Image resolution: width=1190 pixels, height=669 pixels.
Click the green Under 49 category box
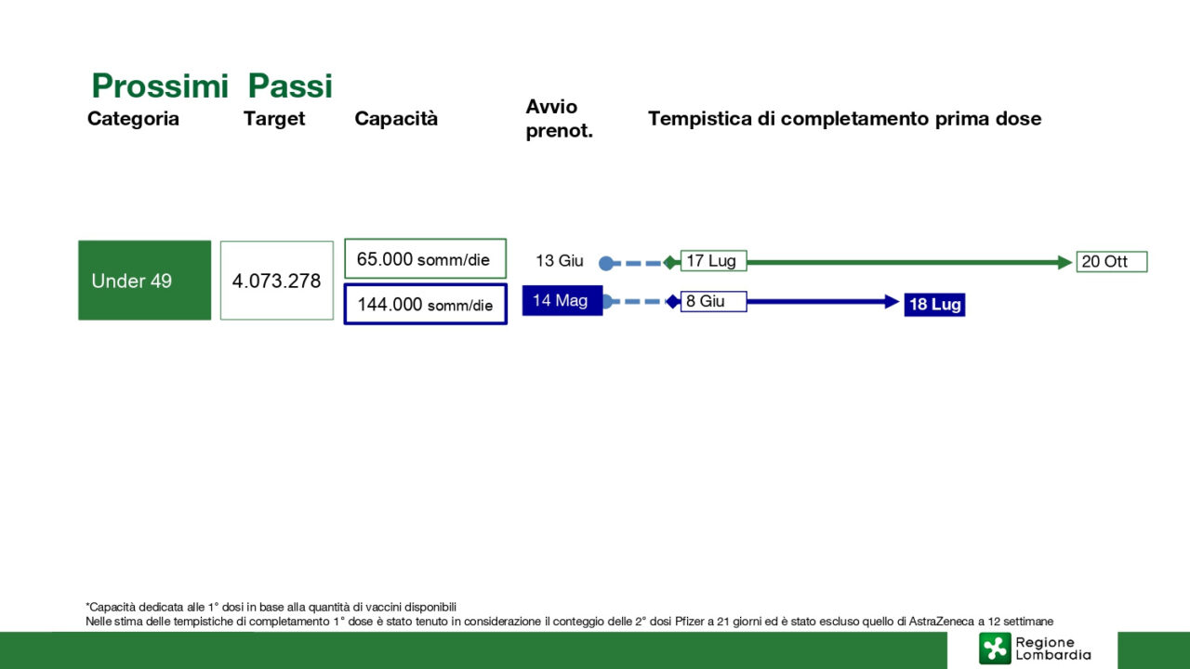coord(144,281)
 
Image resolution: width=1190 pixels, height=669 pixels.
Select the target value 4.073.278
coord(277,281)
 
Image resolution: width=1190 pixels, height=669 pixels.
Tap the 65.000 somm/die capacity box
coord(425,258)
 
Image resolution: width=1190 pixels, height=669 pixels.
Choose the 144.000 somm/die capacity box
coord(425,304)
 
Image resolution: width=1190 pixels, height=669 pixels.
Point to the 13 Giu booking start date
coord(560,261)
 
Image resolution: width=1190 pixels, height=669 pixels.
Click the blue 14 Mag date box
coord(562,300)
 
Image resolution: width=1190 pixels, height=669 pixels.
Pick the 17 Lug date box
coord(713,261)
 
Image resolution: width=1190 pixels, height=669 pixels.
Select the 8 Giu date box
coord(713,301)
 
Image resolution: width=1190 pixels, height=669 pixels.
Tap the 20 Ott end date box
coord(1112,261)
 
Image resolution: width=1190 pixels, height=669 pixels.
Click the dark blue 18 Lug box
coord(934,304)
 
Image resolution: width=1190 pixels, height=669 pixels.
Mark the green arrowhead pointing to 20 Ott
coord(1064,262)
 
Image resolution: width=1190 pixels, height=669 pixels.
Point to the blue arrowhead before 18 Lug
coord(892,302)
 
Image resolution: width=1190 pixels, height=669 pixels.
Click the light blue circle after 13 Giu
coord(606,263)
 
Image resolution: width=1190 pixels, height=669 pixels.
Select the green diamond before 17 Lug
coord(671,262)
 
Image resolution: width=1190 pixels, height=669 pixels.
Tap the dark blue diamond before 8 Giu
coord(672,302)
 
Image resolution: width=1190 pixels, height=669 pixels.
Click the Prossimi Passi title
coord(212,85)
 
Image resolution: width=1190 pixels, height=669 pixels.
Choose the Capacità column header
coord(396,118)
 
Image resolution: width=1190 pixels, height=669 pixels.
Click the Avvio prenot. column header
coord(559,118)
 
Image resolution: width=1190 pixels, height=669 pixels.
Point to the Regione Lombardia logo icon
coord(995,649)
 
